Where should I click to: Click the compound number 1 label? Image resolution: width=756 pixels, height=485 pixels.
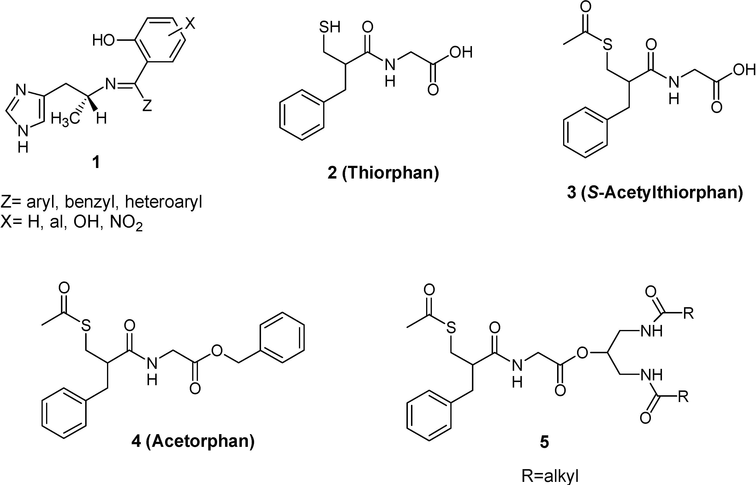point(96,162)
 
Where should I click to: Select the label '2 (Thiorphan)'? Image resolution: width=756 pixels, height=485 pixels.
point(383,173)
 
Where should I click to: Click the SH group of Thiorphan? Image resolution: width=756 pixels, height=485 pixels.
point(329,27)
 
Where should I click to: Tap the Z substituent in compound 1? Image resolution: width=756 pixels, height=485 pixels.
point(147,106)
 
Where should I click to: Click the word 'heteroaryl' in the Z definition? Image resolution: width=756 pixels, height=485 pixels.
point(163,202)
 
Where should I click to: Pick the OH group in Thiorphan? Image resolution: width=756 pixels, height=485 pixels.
point(461,53)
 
